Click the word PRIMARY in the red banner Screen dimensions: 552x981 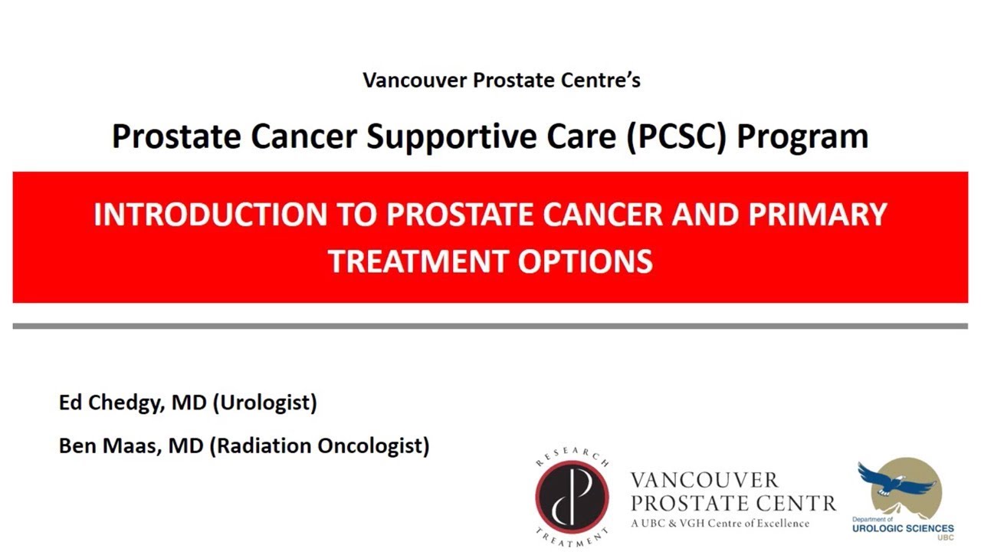(817, 214)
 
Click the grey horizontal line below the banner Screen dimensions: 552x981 (490, 326)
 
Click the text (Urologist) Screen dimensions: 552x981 (264, 402)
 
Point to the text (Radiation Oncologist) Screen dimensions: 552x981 (319, 445)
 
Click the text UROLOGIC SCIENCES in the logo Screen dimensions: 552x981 (903, 528)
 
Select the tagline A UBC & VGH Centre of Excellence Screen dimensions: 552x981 (720, 524)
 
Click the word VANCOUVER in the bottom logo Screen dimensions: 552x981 (704, 481)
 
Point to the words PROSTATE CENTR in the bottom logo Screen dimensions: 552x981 (733, 504)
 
